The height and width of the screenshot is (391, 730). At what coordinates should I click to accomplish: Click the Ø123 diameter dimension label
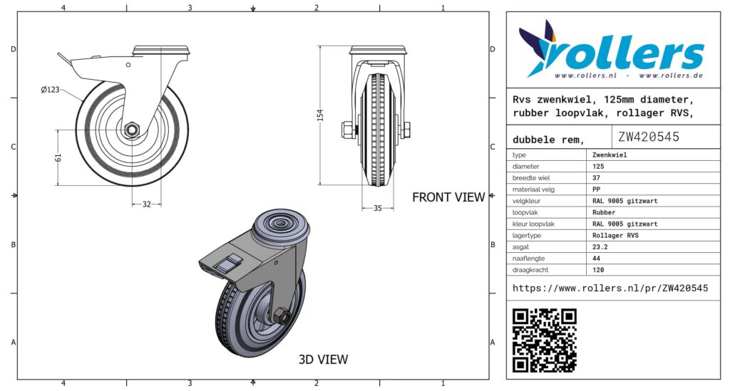[50, 89]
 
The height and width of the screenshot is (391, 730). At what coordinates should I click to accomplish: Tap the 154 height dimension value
[320, 115]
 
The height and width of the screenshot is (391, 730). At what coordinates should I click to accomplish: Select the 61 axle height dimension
[58, 157]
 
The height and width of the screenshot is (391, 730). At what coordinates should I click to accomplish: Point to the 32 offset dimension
[147, 204]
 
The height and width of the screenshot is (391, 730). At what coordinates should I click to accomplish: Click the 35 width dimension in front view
[378, 208]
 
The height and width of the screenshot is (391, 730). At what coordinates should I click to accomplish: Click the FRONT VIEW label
[448, 197]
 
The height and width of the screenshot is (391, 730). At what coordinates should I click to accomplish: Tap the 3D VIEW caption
[323, 359]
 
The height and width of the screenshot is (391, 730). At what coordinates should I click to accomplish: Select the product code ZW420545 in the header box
[649, 137]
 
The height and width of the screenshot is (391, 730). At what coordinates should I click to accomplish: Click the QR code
[544, 340]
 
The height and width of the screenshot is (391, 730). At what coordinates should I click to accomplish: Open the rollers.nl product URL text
[610, 288]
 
